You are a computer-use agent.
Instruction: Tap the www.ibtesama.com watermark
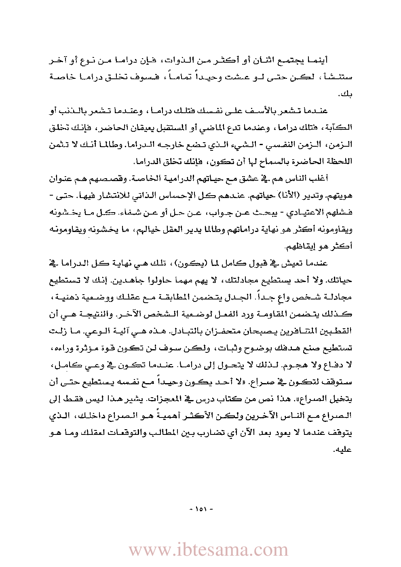click(208, 550)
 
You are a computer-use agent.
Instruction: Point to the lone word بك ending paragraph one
click(346, 94)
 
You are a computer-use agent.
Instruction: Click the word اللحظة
click(338, 162)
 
